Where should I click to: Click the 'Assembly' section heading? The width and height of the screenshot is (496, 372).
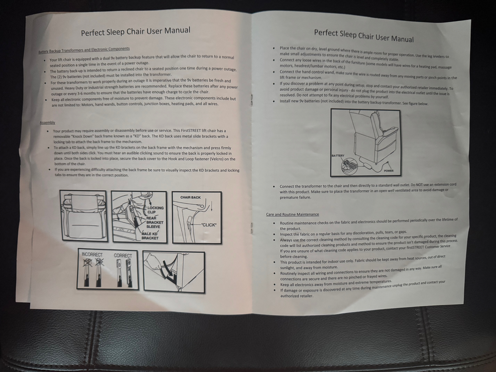[x=48, y=122]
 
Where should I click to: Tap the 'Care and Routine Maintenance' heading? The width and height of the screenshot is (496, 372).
[x=292, y=214]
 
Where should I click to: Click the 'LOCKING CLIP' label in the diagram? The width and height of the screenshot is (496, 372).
[x=155, y=210]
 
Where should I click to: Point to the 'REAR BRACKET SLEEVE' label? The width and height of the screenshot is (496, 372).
[x=155, y=222]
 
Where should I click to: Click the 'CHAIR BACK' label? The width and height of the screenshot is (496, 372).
[x=190, y=197]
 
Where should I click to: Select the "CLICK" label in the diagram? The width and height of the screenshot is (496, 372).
[x=209, y=225]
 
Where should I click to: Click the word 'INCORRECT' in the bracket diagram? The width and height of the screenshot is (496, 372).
[x=92, y=255]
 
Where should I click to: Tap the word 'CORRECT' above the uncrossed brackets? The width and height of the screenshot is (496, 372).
[x=123, y=256]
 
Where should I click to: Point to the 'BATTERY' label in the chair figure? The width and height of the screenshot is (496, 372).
[x=338, y=156]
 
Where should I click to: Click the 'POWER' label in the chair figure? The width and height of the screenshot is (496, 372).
[x=389, y=171]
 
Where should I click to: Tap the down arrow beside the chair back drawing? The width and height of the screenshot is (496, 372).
[x=211, y=206]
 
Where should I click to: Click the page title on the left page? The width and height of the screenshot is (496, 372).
[x=136, y=31]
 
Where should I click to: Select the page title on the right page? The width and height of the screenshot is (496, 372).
[x=364, y=36]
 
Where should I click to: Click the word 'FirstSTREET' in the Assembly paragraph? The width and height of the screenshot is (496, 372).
[x=191, y=131]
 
